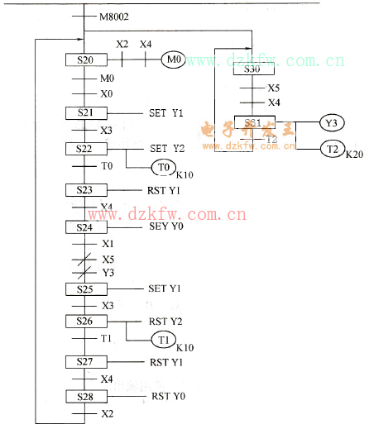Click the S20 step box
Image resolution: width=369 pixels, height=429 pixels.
84,60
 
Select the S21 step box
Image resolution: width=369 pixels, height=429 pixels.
84,112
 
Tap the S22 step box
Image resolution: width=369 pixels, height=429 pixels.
84,148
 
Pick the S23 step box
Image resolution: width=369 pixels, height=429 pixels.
84,189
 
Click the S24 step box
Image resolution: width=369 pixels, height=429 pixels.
84,226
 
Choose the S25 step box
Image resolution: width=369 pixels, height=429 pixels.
84,288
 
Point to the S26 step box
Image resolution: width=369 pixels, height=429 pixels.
84,321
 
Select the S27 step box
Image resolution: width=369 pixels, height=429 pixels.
84,361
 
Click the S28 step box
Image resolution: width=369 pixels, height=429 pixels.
84,396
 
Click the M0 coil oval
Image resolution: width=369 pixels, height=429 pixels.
174,60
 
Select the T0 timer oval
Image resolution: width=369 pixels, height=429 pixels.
162,168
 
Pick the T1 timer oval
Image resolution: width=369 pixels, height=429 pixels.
162,340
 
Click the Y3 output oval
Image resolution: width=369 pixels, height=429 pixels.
331,123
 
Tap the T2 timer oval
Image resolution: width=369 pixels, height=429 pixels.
331,149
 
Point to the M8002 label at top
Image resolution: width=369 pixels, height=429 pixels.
114,16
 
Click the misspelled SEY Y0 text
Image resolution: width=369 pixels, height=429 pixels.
166,226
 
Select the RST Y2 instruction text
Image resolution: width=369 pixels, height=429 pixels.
165,321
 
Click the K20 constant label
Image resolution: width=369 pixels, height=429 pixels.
354,155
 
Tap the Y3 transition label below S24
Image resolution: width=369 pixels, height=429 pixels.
108,272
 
